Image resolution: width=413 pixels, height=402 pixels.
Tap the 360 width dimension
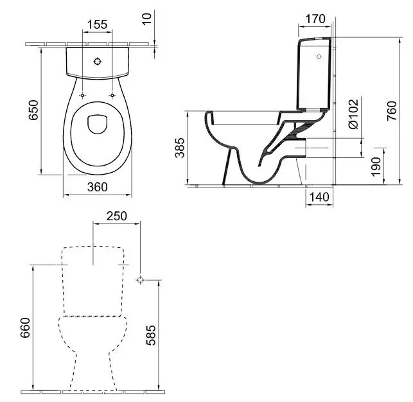point(97,187)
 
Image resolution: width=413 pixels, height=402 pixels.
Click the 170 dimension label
point(315,19)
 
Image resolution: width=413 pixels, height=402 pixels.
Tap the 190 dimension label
point(376,169)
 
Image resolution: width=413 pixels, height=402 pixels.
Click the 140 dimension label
point(319,197)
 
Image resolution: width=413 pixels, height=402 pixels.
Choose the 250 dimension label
point(117,216)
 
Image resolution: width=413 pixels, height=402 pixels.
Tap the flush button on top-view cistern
point(98,62)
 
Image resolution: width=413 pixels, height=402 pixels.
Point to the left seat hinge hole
point(83,96)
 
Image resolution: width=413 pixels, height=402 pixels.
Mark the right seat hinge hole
point(112,96)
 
